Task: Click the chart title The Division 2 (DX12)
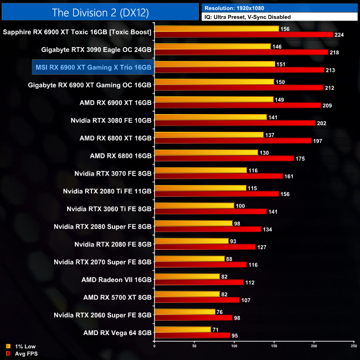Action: coord(100,12)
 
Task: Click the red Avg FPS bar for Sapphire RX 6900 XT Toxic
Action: coord(244,35)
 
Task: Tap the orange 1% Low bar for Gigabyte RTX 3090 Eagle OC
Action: coord(213,46)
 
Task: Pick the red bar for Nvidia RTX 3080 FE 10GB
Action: coord(235,123)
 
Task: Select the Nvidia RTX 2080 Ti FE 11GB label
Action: coord(107,191)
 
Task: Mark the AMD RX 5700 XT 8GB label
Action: coord(117,297)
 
